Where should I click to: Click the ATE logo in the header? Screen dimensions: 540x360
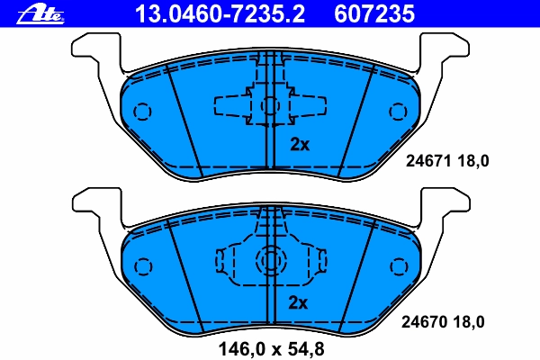40,15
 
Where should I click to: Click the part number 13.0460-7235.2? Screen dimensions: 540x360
220,13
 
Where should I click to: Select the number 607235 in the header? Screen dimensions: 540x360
374,13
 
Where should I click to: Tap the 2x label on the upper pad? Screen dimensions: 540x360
300,144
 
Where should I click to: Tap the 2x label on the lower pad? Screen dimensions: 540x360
298,302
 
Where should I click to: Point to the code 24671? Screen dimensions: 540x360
428,161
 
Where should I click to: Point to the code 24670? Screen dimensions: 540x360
424,322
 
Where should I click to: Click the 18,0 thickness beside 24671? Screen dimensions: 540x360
473,161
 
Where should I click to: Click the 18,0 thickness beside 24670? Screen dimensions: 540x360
469,322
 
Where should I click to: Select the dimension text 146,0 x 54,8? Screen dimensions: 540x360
272,349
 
